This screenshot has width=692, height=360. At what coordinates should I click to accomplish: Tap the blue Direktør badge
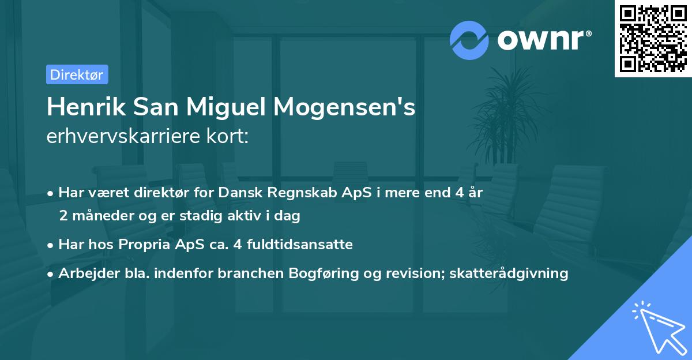coord(77,74)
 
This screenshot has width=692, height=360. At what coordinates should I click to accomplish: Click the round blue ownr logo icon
coord(469,40)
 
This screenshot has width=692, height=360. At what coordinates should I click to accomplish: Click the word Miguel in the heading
coord(230,107)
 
